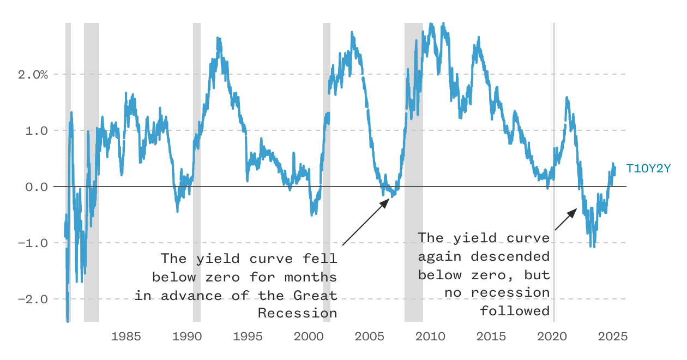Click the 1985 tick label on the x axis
pos(126,337)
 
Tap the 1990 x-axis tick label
pos(187,337)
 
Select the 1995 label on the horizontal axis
pos(248,337)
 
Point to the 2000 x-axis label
pos(309,337)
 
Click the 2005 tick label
pos(369,337)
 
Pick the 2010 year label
pos(430,337)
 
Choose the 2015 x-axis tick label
pos(491,337)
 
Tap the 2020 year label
pos(552,337)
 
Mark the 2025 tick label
pos(613,337)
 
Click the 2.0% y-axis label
pos(33,75)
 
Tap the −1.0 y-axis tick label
pos(33,243)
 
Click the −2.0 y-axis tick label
pos(33,299)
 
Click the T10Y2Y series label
pos(648,169)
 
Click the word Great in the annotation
pos(315,296)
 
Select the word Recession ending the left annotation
pos(298,313)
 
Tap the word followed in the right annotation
pos(515,311)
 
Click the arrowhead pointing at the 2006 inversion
pos(385,203)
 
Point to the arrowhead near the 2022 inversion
pos(572,213)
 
